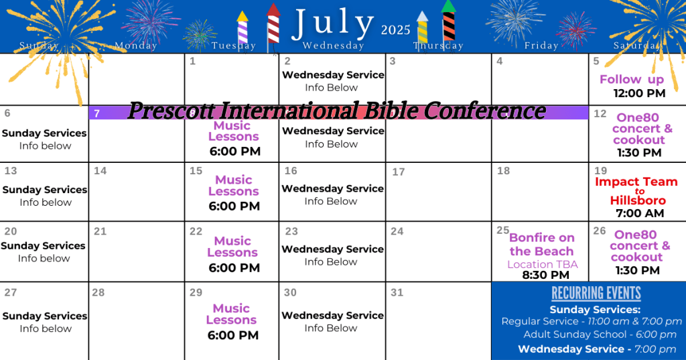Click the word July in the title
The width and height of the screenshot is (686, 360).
coord(332,23)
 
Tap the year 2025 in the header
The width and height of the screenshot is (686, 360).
coord(395,29)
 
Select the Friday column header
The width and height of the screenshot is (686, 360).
coord(541,45)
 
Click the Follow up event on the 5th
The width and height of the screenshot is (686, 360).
coord(632,79)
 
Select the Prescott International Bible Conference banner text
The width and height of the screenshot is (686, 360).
coord(337,111)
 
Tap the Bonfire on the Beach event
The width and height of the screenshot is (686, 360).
coord(541,245)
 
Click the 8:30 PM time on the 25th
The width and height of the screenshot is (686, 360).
coord(545,275)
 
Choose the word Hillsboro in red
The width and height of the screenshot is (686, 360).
coord(638,200)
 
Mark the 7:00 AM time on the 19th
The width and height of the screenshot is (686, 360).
coord(640,213)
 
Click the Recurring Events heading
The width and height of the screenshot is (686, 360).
coord(596,293)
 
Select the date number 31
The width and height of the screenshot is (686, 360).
coord(397,292)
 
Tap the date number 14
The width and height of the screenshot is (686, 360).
coord(100,171)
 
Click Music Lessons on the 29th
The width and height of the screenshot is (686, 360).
coord(231,314)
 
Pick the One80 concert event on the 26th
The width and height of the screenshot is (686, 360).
coord(639,245)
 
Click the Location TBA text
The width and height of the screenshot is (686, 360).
coord(543,265)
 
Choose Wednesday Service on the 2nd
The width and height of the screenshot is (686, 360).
coord(333,75)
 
